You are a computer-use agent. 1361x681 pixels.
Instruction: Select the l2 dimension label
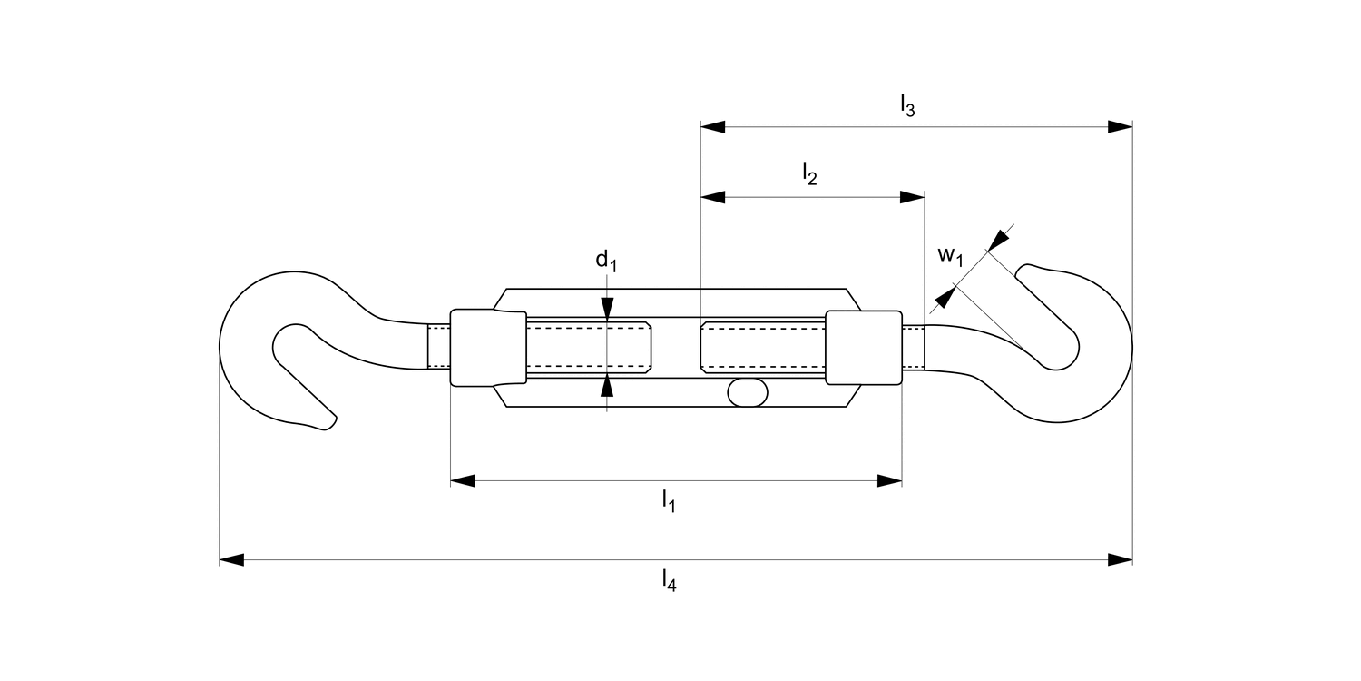click(809, 174)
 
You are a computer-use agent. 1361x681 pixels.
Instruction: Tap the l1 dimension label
click(668, 500)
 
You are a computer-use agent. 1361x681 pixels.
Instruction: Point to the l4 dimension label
click(669, 580)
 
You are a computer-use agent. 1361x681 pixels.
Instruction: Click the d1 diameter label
click(606, 262)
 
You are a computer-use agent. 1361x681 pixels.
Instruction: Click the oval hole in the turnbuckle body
click(747, 393)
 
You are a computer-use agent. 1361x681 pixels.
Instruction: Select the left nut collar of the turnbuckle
click(488, 348)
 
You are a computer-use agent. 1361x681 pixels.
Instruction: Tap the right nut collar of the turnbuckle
click(863, 348)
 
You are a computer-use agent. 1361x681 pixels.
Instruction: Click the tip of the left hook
click(329, 422)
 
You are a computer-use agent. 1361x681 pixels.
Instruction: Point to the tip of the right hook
click(1025, 271)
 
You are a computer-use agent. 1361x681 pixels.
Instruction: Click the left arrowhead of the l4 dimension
click(232, 559)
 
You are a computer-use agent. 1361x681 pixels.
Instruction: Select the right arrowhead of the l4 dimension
click(1120, 559)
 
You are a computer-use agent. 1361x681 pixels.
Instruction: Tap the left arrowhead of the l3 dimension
click(713, 127)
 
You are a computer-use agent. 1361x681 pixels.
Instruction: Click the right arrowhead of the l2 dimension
click(912, 197)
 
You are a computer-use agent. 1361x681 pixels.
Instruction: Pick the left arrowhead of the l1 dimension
click(464, 480)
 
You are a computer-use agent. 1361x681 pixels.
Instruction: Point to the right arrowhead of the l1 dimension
click(889, 480)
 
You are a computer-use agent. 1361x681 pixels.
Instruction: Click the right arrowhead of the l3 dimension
click(1120, 127)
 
